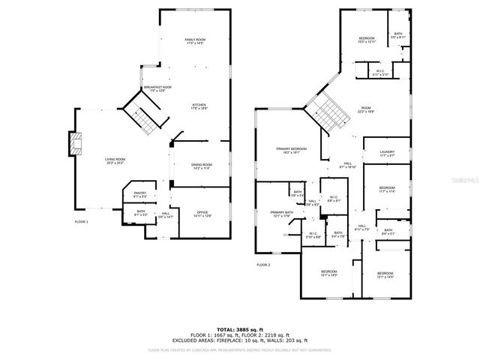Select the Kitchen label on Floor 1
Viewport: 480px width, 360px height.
[x=199, y=106]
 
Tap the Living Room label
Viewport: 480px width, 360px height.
[x=115, y=160]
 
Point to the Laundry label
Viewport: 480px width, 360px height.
[x=387, y=154]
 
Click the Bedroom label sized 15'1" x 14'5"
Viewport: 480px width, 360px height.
[x=329, y=274]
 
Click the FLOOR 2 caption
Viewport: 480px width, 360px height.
[x=263, y=265]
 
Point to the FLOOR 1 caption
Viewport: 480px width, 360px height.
[x=81, y=222]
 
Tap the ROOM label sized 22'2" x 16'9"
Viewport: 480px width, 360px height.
[x=366, y=109]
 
